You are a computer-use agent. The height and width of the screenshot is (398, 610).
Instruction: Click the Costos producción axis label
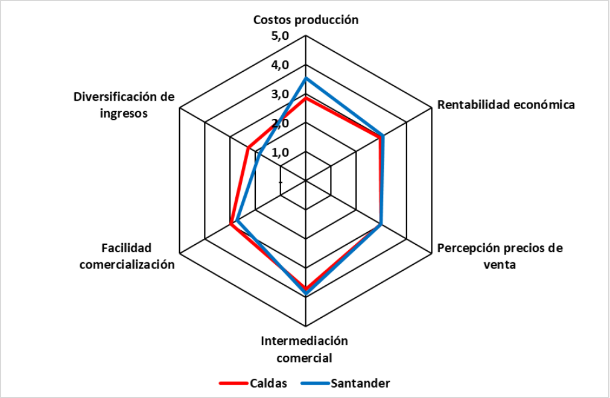306,19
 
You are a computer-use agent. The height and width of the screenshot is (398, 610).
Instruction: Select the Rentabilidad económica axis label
506,104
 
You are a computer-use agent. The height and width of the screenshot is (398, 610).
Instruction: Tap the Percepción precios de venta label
500,256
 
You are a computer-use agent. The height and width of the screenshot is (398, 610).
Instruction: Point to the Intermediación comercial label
305,349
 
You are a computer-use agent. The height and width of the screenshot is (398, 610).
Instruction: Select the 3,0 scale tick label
281,94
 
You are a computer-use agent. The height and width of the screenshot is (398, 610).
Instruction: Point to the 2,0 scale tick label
281,123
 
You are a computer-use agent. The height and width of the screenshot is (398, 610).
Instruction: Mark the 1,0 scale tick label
281,152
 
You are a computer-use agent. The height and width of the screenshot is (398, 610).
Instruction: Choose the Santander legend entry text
360,383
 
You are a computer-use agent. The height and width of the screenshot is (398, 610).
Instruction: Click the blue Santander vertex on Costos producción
306,78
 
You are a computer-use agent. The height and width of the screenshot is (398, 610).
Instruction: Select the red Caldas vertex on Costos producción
306,98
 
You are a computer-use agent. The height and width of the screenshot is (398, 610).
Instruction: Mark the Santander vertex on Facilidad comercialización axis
237,220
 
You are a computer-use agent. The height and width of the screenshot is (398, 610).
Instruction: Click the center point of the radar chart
306,180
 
